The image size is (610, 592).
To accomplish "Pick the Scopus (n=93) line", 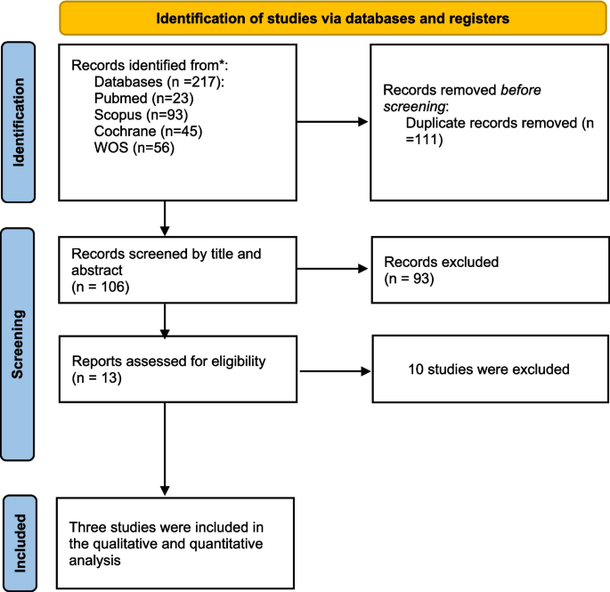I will [x=135, y=116].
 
